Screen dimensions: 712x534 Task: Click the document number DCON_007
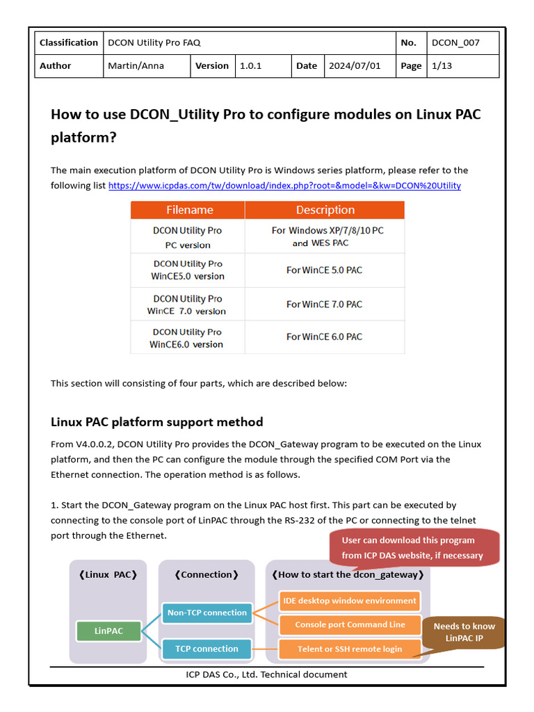(455, 42)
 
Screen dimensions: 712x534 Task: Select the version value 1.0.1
(251, 66)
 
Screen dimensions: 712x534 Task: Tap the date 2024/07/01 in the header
(355, 66)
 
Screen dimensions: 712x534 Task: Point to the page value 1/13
(442, 66)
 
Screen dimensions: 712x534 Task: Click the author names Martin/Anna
(132, 66)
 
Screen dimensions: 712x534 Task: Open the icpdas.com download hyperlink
(284, 186)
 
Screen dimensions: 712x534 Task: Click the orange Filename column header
(189, 210)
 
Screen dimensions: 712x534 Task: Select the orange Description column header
(325, 210)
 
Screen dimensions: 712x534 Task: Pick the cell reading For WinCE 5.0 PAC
(324, 270)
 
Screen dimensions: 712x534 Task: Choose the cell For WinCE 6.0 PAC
(324, 337)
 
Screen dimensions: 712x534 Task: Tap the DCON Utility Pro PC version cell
(188, 237)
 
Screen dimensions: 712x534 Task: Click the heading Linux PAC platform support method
(157, 422)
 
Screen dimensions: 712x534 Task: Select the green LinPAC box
(108, 631)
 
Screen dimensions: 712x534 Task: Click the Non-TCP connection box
(207, 613)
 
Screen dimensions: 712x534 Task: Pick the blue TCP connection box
(207, 649)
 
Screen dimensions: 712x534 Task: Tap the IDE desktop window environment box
(350, 601)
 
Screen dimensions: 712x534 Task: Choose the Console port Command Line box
(350, 624)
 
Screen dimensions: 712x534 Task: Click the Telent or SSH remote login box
(350, 649)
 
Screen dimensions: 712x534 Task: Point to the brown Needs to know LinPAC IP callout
(464, 632)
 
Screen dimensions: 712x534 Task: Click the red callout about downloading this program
(412, 547)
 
